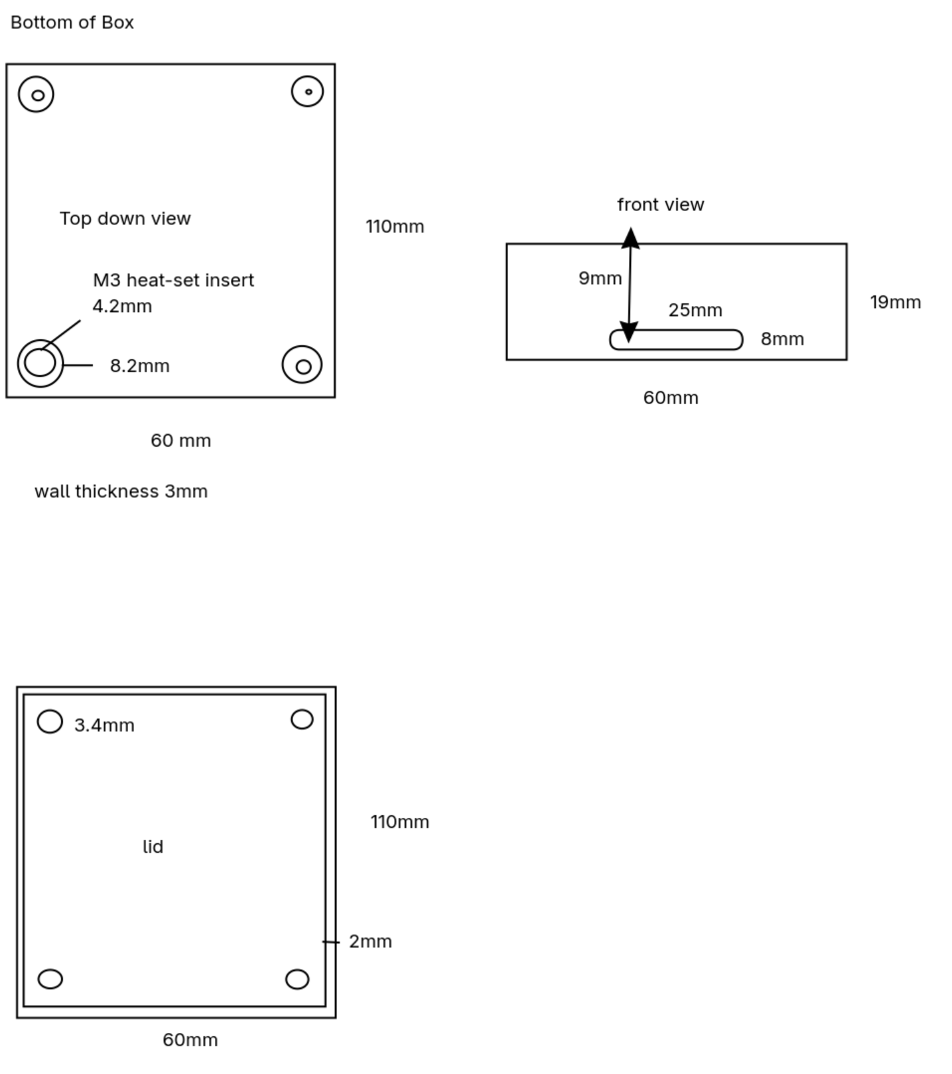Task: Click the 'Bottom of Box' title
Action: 72,23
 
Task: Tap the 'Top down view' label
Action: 125,218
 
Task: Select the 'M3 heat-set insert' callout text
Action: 173,280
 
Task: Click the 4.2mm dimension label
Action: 122,306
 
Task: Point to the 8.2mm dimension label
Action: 140,366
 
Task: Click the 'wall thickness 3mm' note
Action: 121,491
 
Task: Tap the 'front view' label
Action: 660,204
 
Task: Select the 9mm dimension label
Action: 600,278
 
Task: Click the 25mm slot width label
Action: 695,310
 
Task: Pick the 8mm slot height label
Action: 782,339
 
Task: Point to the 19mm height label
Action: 895,302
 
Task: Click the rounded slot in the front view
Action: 676,340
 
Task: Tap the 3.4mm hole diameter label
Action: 104,725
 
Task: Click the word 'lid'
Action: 153,846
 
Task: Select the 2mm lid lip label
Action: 370,941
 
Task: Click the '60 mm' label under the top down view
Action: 180,441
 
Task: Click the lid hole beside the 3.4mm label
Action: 50,722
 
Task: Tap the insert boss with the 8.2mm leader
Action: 40,364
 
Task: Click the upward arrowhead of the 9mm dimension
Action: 630,238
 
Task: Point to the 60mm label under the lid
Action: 190,1039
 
